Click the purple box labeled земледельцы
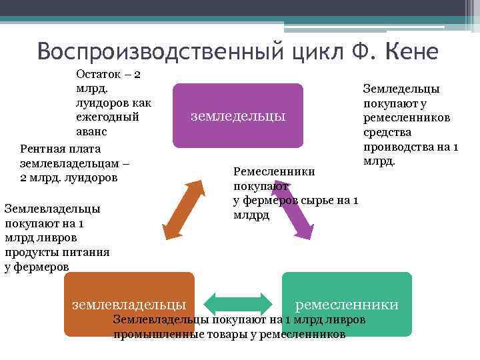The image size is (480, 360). click(237, 115)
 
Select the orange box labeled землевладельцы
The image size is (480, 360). click(129, 293)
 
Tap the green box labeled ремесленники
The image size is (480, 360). click(347, 293)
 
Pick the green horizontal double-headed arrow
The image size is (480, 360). click(238, 302)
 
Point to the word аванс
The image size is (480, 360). click(92, 132)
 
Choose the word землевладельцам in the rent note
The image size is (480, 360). click(67, 163)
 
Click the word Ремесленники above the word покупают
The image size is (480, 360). click(274, 171)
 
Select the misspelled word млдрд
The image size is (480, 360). click(251, 215)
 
